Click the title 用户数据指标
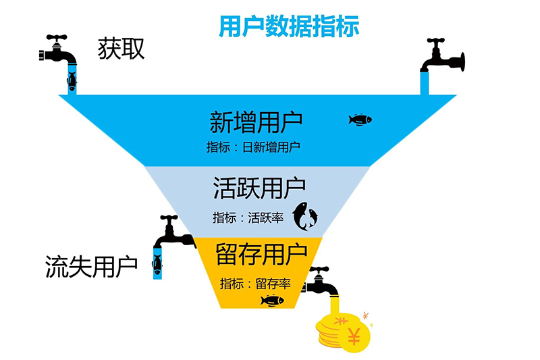(x=288, y=25)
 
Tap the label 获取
(x=121, y=49)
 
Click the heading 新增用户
(x=256, y=123)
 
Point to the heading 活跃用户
(x=259, y=187)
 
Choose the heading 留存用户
(x=262, y=255)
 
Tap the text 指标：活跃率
(x=248, y=217)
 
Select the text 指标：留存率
(x=255, y=284)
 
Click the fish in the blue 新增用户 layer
(x=360, y=120)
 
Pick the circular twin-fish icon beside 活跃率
(x=304, y=215)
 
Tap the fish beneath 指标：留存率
(x=271, y=301)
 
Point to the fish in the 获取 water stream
(x=71, y=81)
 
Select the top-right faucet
(x=442, y=57)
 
